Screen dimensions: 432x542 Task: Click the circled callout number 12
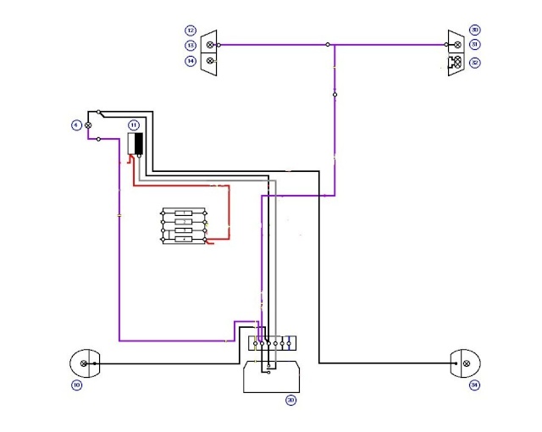(x=191, y=30)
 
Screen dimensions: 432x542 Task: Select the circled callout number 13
(x=191, y=45)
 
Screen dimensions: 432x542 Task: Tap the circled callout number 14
(x=191, y=61)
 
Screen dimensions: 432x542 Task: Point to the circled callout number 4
(x=75, y=125)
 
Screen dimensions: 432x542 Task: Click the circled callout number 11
(x=133, y=125)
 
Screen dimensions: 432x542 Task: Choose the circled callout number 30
(x=474, y=30)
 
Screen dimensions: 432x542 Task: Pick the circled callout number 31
(x=474, y=45)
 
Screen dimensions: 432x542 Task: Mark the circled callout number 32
(x=474, y=61)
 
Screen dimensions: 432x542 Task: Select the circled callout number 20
(x=290, y=399)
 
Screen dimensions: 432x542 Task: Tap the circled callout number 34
(x=473, y=386)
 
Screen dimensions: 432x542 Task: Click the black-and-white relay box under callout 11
(x=135, y=144)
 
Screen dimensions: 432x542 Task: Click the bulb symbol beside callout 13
(x=210, y=45)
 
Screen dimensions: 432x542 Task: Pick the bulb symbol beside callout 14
(x=210, y=61)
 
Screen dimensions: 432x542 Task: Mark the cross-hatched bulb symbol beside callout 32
(x=456, y=61)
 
